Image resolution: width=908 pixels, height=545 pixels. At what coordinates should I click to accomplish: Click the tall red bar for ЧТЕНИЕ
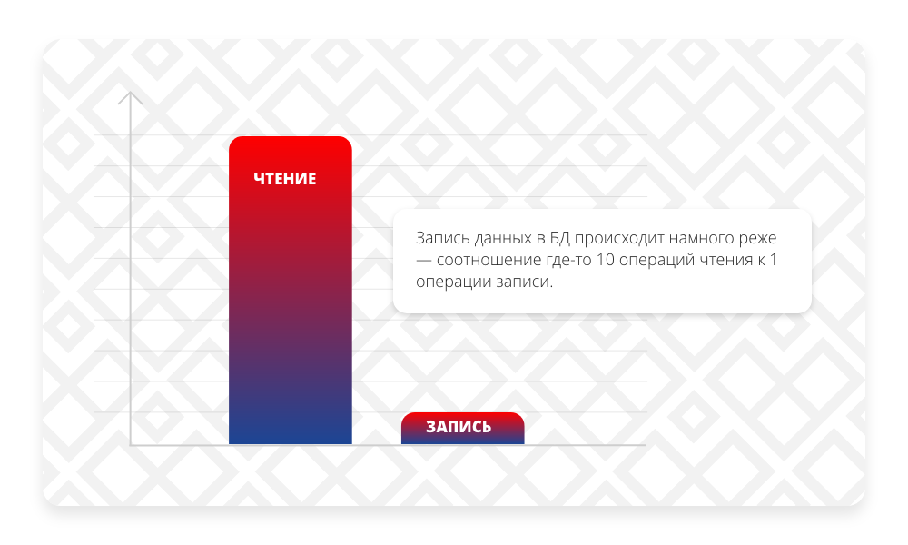click(x=291, y=290)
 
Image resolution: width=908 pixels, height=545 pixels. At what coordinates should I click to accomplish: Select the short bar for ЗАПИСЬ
click(x=463, y=428)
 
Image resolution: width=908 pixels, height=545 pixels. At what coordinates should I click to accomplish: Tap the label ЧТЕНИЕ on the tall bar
click(x=285, y=178)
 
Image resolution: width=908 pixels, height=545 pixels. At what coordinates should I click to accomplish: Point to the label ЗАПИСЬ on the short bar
click(x=459, y=427)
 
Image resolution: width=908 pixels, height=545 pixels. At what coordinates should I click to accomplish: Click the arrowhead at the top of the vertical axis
click(x=130, y=97)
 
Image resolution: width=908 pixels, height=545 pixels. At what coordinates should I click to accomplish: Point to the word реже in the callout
click(x=758, y=239)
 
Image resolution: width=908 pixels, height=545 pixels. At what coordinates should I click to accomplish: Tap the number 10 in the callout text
click(x=605, y=260)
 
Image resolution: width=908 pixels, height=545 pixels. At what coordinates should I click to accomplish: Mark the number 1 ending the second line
click(x=773, y=260)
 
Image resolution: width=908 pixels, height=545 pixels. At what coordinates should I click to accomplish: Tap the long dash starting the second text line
click(x=423, y=261)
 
